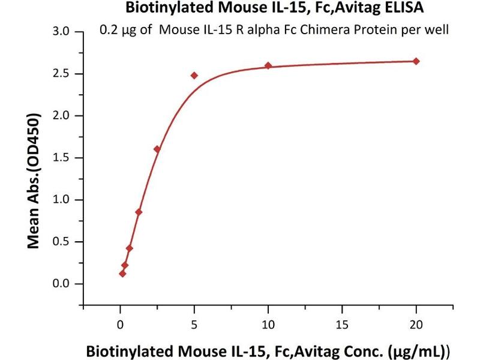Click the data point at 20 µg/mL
(416, 61)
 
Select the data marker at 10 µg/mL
(268, 65)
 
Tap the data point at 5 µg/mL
(194, 76)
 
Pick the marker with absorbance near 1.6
(157, 149)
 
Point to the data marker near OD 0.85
(139, 212)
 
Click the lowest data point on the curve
(122, 274)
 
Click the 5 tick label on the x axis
(194, 325)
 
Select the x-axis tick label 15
(342, 325)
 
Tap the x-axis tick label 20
(416, 325)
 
